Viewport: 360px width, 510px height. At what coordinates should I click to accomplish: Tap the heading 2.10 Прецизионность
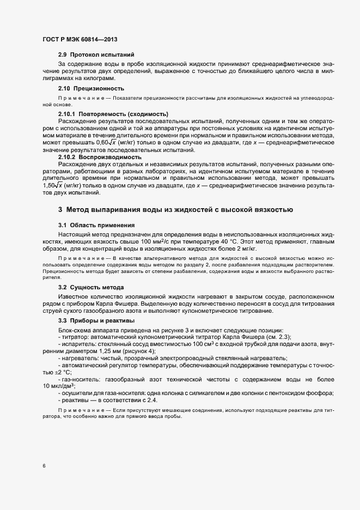click(x=91, y=88)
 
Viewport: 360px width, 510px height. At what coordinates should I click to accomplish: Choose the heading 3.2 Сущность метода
click(x=91, y=287)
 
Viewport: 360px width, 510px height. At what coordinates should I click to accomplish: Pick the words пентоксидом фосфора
click(x=306, y=393)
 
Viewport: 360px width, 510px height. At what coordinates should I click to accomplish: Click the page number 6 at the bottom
click(x=44, y=466)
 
